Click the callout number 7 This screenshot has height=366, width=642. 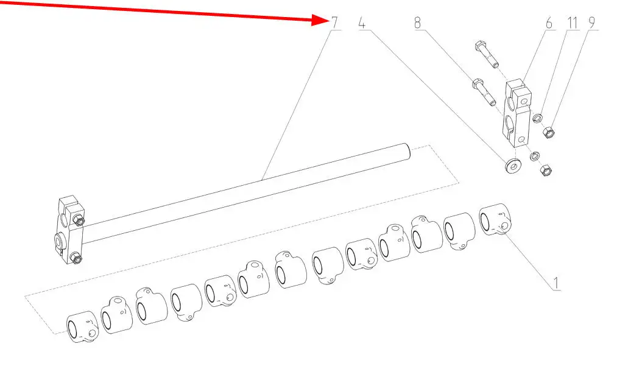[x=335, y=23]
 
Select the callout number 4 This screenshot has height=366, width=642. [x=362, y=23]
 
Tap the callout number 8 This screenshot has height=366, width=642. [x=417, y=23]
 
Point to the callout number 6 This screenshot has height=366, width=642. [x=549, y=23]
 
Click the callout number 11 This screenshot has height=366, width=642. [x=573, y=23]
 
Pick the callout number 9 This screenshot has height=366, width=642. [x=591, y=23]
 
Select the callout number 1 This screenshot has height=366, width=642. [x=556, y=283]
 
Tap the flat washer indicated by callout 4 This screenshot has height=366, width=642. [x=513, y=166]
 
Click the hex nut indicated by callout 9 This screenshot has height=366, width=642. [x=548, y=132]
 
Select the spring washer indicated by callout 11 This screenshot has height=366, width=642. [x=538, y=118]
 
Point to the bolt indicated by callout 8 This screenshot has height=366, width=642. [x=484, y=92]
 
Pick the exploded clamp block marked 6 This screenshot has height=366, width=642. [x=517, y=113]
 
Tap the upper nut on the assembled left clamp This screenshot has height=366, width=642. [x=79, y=220]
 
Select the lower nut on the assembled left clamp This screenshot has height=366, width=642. [x=76, y=258]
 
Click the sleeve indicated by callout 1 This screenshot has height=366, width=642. [x=495, y=220]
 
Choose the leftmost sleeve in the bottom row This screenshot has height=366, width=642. [x=82, y=326]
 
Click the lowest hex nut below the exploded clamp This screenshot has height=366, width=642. [x=545, y=170]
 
